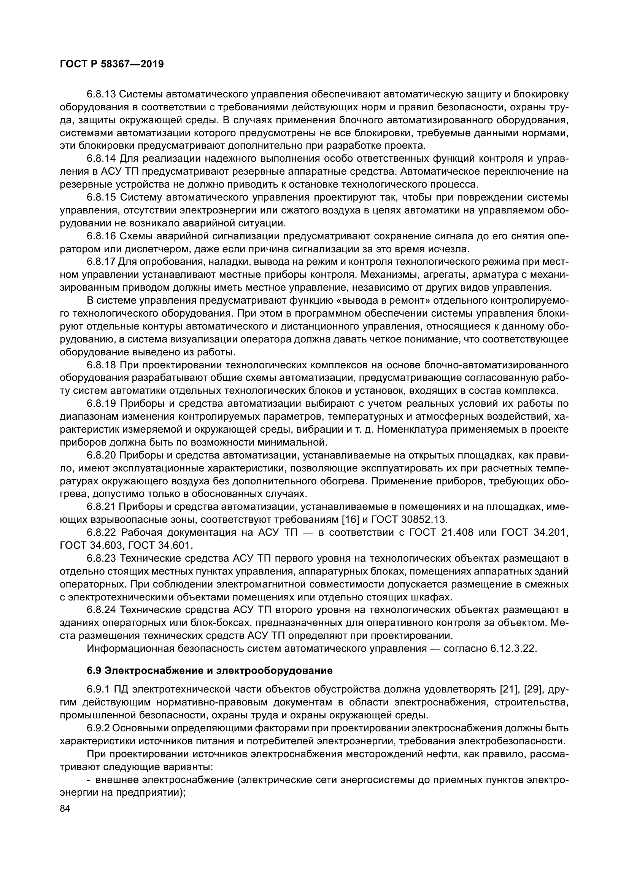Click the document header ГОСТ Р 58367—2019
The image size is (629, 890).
(x=112, y=64)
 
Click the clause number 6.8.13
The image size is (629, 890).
(x=102, y=94)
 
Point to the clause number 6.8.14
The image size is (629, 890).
(x=102, y=159)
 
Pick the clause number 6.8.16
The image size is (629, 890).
(x=102, y=236)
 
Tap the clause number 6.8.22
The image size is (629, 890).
(x=102, y=533)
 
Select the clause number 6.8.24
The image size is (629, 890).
(x=102, y=610)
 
